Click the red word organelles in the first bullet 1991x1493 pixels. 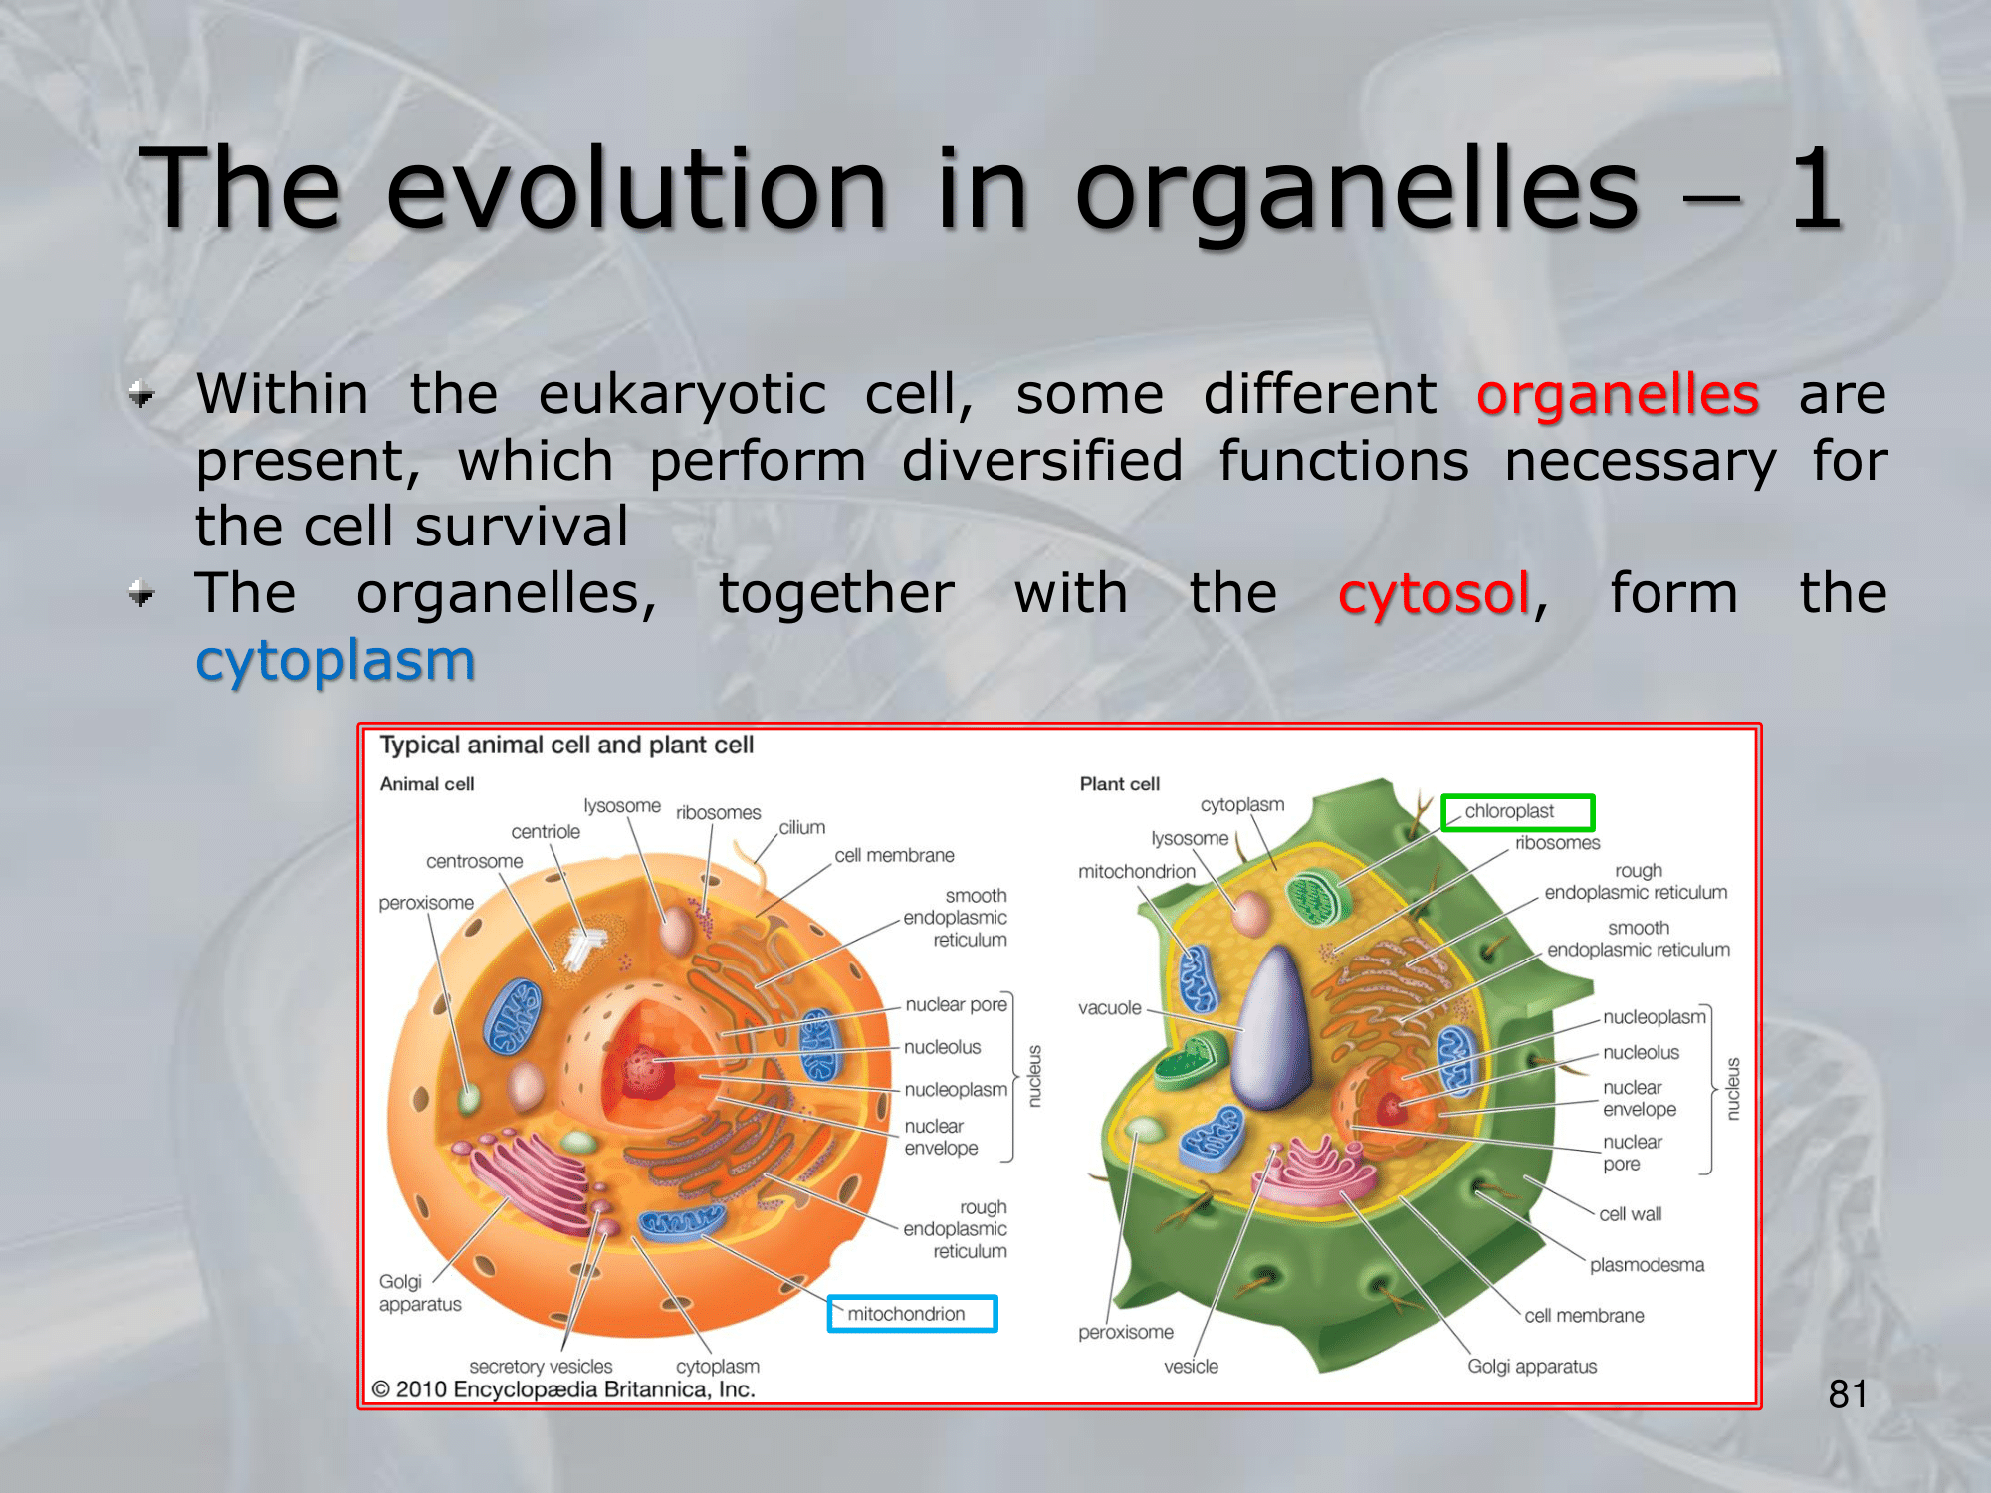tap(1618, 394)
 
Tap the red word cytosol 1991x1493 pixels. tap(1434, 593)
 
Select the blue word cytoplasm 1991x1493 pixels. tap(335, 661)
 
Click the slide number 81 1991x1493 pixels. tap(1848, 1394)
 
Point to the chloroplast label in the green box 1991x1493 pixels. tap(1509, 811)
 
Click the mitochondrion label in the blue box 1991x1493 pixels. tap(906, 1314)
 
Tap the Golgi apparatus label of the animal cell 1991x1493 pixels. tap(420, 1293)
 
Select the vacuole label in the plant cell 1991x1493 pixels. tap(1110, 1008)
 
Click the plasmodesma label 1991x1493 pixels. tap(1647, 1265)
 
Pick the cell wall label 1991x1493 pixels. tap(1631, 1214)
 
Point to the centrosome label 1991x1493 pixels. tap(474, 861)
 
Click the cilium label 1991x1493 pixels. tap(802, 827)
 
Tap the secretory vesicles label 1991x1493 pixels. tap(541, 1367)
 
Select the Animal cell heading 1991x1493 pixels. tap(427, 784)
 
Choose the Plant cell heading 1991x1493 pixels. tap(1120, 784)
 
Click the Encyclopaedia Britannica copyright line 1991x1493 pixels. tap(563, 1389)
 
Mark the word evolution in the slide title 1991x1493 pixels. tap(637, 188)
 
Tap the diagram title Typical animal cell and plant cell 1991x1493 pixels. tap(566, 746)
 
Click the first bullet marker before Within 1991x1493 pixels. tap(142, 395)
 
